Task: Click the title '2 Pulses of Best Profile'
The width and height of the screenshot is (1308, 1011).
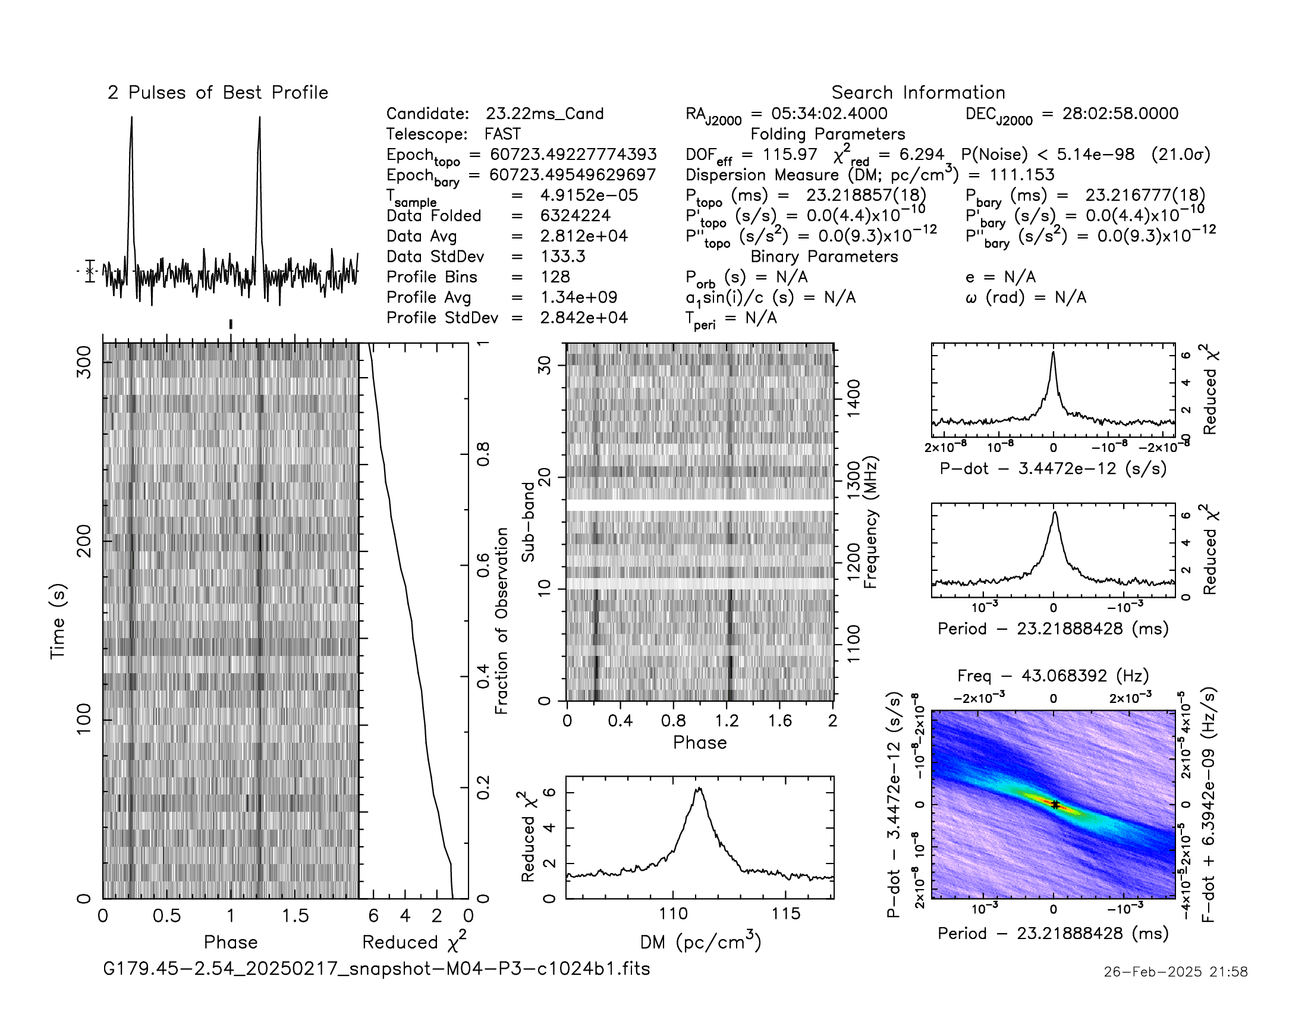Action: (218, 93)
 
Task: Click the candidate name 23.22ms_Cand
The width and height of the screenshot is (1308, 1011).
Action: (545, 114)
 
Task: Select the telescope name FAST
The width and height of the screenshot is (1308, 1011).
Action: (502, 134)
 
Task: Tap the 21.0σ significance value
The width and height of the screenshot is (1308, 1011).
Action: (1180, 155)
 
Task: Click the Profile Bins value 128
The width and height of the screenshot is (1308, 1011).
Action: (555, 277)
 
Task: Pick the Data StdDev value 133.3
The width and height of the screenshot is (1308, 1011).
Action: (562, 256)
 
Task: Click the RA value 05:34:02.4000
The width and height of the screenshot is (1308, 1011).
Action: (829, 114)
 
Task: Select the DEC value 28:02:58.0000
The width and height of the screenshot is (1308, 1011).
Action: (1120, 114)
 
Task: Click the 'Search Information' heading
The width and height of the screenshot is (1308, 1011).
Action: (918, 93)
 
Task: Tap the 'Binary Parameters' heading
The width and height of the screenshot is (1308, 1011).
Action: (824, 256)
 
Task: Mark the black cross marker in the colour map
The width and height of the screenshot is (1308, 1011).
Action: (1055, 805)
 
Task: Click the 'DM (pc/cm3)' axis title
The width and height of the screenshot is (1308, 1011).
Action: (700, 943)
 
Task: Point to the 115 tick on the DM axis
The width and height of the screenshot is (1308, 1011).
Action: (786, 915)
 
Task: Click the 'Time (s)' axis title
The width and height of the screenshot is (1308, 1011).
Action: (58, 621)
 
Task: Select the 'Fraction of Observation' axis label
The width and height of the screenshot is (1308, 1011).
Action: (502, 620)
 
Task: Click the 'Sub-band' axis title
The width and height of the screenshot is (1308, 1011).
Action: (527, 522)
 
